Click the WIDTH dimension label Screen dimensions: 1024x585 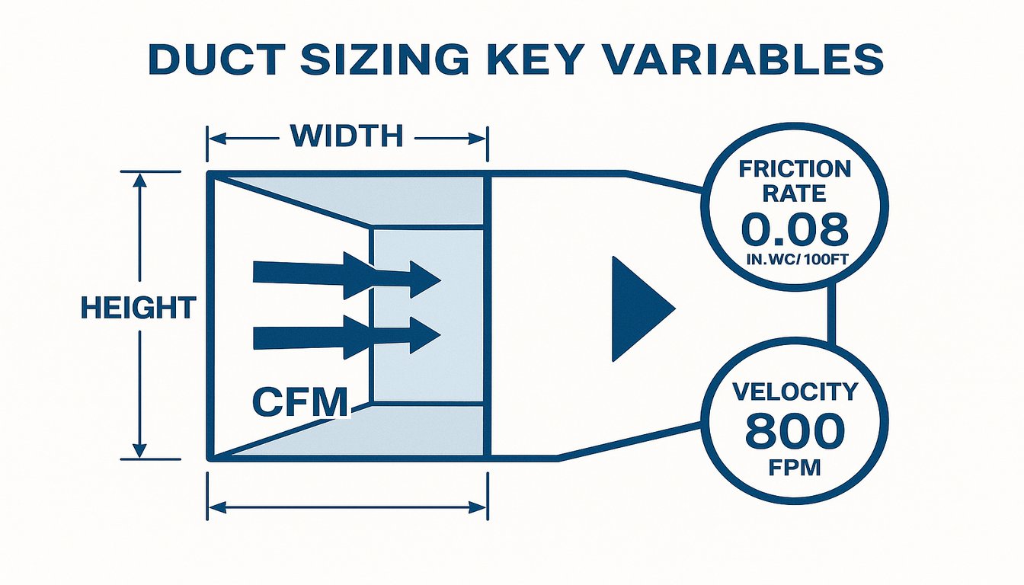tap(347, 136)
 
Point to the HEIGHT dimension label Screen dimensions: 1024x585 tap(139, 308)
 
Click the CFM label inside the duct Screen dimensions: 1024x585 tap(300, 401)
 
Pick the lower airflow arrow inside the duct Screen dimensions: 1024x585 tap(347, 337)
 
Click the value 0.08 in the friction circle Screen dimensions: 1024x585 tap(795, 230)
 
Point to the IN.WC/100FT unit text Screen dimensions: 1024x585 tap(797, 260)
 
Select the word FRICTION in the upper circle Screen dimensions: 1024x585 tap(795, 169)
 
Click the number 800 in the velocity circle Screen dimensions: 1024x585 tap(795, 431)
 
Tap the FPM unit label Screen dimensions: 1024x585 tap(795, 468)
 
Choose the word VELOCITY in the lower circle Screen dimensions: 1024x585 tap(795, 392)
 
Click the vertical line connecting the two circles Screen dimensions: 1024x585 tap(831, 315)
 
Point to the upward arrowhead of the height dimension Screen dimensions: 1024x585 tap(139, 181)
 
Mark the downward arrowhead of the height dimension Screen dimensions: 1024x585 tap(139, 451)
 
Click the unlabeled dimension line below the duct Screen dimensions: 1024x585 tap(347, 507)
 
